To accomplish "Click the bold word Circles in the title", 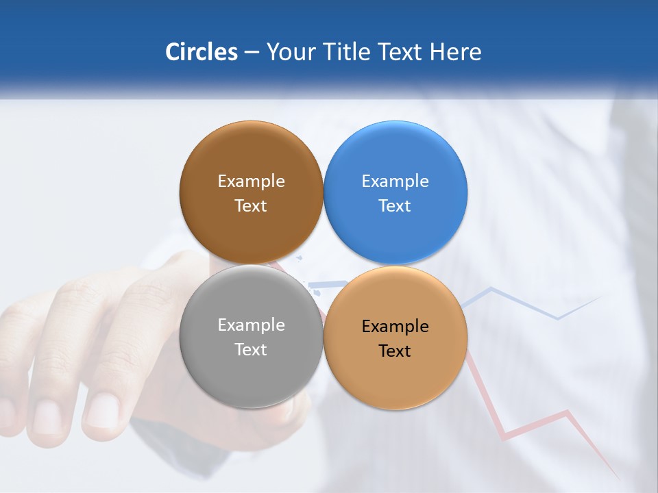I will click(x=201, y=52).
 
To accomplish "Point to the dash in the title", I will click(x=252, y=53).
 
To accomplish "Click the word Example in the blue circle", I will click(x=395, y=181).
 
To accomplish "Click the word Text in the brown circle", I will click(x=251, y=206).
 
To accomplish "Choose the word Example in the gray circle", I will click(x=251, y=325).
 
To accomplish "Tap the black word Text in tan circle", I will click(x=395, y=351).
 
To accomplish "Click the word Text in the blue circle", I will click(x=395, y=206).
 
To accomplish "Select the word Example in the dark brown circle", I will click(x=251, y=181).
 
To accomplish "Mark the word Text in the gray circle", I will click(x=251, y=350).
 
